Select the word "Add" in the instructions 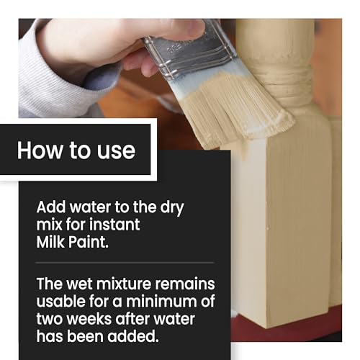pos(51,207)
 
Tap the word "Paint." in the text pos(89,242)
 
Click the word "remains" pos(185,284)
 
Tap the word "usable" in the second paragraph pos(60,302)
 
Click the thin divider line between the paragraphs pos(125,263)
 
